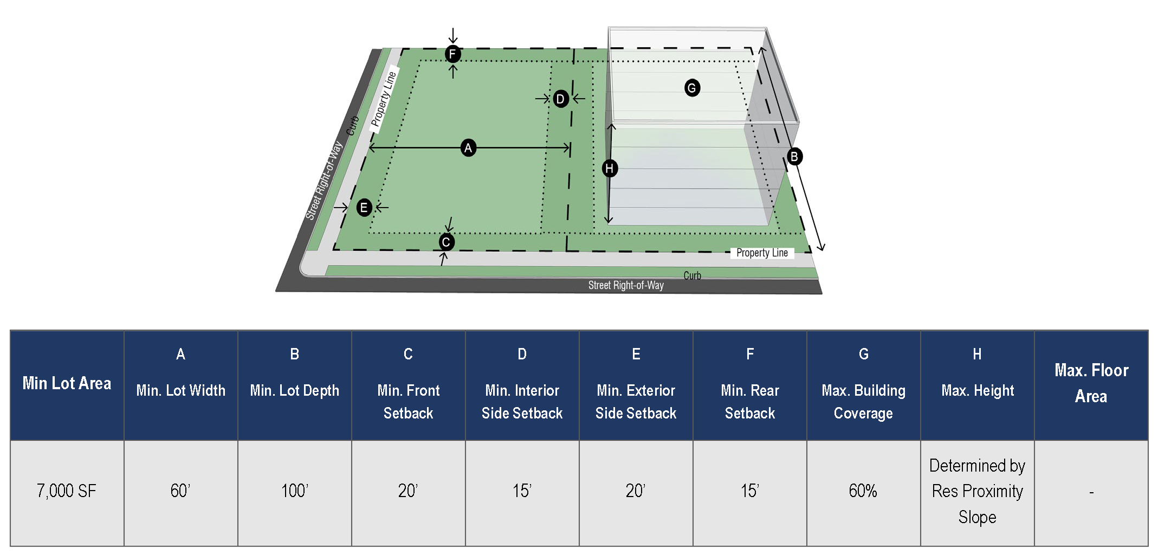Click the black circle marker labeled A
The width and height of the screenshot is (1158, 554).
pyautogui.click(x=468, y=147)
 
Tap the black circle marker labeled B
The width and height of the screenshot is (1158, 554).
pyautogui.click(x=794, y=157)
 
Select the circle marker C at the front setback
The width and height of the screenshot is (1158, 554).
pyautogui.click(x=446, y=242)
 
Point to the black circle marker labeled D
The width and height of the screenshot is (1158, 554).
pyautogui.click(x=560, y=99)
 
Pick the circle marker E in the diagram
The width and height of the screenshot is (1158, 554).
pyautogui.click(x=364, y=207)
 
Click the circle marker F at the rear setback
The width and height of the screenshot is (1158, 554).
pyautogui.click(x=452, y=54)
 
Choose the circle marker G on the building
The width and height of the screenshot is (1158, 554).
pyautogui.click(x=691, y=87)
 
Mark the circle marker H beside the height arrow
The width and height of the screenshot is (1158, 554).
pyautogui.click(x=610, y=168)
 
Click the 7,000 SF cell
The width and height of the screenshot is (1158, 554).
pyautogui.click(x=67, y=491)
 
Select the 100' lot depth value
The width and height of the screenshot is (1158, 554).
pyautogui.click(x=294, y=491)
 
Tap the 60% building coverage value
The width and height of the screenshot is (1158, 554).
pyautogui.click(x=863, y=491)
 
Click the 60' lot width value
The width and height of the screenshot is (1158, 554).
pyautogui.click(x=180, y=491)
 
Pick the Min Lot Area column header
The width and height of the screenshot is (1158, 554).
pyautogui.click(x=67, y=384)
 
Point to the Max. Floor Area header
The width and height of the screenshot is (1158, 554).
pyautogui.click(x=1091, y=383)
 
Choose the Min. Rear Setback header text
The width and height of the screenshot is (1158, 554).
pyautogui.click(x=749, y=402)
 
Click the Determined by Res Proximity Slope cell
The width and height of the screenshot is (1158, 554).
pyautogui.click(x=977, y=491)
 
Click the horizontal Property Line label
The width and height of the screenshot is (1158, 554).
pyautogui.click(x=761, y=253)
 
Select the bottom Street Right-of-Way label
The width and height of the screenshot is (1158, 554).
pyautogui.click(x=626, y=285)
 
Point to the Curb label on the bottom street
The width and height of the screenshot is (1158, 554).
pyautogui.click(x=692, y=275)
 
